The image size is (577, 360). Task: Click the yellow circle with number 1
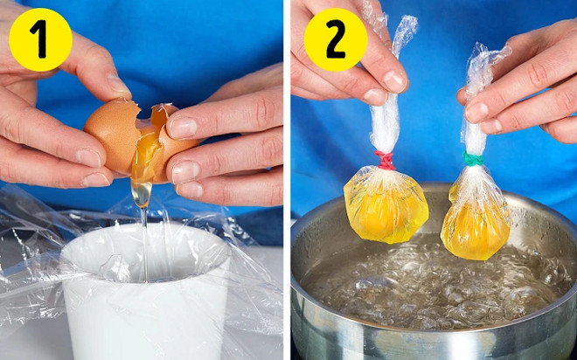pyautogui.click(x=40, y=39)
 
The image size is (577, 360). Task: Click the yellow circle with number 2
pyautogui.click(x=336, y=39)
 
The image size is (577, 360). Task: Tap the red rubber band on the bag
pyautogui.click(x=385, y=160)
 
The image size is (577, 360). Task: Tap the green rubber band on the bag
pyautogui.click(x=473, y=159)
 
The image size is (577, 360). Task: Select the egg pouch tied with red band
pyautogui.click(x=386, y=204)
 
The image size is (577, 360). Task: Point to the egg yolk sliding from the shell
pyautogui.click(x=147, y=157)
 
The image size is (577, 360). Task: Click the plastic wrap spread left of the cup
pyautogui.click(x=35, y=262)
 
